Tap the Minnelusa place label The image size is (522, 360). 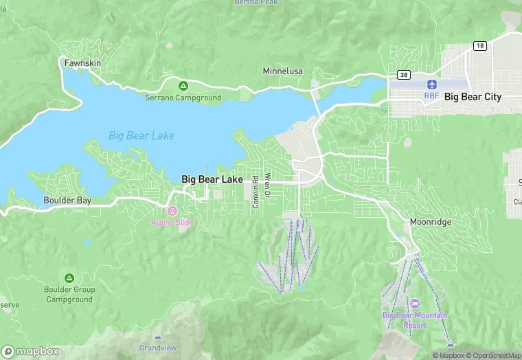pyautogui.click(x=283, y=71)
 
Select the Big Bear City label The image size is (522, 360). pyautogui.click(x=473, y=97)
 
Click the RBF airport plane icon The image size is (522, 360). pyautogui.click(x=431, y=84)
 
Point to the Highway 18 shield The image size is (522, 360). pyautogui.click(x=479, y=45)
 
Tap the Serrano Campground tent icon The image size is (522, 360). pyautogui.click(x=183, y=86)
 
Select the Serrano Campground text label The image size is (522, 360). pyautogui.click(x=183, y=98)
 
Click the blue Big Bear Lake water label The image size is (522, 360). pyautogui.click(x=141, y=135)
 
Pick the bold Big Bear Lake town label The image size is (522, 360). pyautogui.click(x=212, y=179)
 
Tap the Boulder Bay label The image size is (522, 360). pyautogui.click(x=67, y=201)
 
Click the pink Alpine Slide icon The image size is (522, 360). pyautogui.click(x=172, y=211)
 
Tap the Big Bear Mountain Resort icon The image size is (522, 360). pyautogui.click(x=414, y=304)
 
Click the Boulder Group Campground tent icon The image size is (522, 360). pyautogui.click(x=69, y=278)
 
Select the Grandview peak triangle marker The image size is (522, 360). pyautogui.click(x=159, y=337)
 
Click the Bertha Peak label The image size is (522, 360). pyautogui.click(x=256, y=3)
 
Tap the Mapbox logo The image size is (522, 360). pyautogui.click(x=30, y=351)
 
